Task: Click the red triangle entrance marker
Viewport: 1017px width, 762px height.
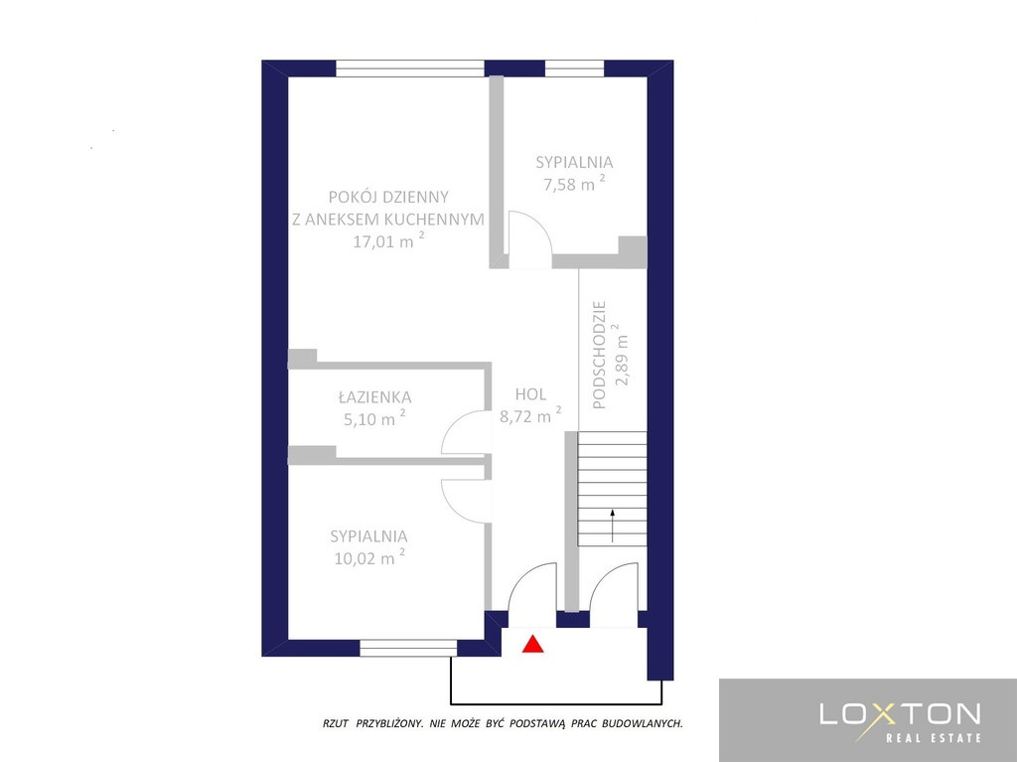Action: (532, 644)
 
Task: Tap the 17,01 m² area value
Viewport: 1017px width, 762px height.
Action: (388, 240)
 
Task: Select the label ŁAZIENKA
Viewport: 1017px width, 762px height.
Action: (374, 396)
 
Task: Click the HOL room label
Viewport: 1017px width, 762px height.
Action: (530, 394)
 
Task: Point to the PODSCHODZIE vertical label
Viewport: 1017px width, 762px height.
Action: (599, 355)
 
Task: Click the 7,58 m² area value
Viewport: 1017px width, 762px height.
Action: (574, 183)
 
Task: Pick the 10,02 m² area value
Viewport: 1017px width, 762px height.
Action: (369, 557)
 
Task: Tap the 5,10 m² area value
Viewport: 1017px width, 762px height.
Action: (374, 418)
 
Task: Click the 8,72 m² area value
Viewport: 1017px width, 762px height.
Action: (530, 415)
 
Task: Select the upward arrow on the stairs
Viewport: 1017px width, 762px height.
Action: (612, 526)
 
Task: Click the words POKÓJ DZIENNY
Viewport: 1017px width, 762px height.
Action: (388, 197)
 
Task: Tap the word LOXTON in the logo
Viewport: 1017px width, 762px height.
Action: (900, 714)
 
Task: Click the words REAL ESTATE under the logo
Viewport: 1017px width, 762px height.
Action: (934, 738)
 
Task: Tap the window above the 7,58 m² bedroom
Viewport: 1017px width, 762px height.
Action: (574, 69)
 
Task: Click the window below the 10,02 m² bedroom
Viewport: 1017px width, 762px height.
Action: (408, 648)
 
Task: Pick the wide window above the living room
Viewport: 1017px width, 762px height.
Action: (410, 69)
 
